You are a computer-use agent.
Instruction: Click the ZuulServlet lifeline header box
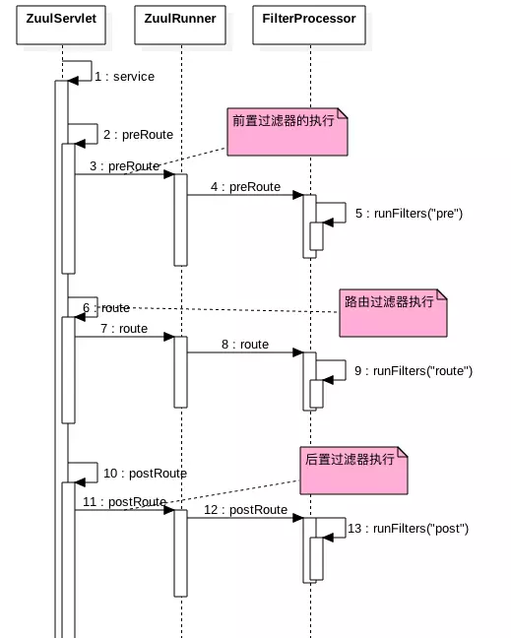click(x=61, y=18)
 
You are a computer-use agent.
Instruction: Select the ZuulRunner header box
click(x=180, y=18)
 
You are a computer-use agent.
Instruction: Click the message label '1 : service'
click(x=124, y=77)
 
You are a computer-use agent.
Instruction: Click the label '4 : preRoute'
click(x=245, y=187)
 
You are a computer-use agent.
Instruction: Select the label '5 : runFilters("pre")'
click(x=409, y=214)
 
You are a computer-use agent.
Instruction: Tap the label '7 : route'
click(x=124, y=329)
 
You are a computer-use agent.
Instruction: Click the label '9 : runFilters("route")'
click(x=414, y=371)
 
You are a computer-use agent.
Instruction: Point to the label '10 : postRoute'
click(x=145, y=474)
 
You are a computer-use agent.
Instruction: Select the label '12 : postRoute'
click(x=245, y=510)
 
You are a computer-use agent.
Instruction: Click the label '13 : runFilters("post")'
click(x=408, y=529)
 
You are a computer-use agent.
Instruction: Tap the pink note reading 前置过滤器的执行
click(x=287, y=132)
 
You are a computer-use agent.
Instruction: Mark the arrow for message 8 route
click(x=245, y=353)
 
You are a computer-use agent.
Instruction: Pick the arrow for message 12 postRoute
click(x=245, y=518)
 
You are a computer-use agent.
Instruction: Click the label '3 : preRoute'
click(x=124, y=166)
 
